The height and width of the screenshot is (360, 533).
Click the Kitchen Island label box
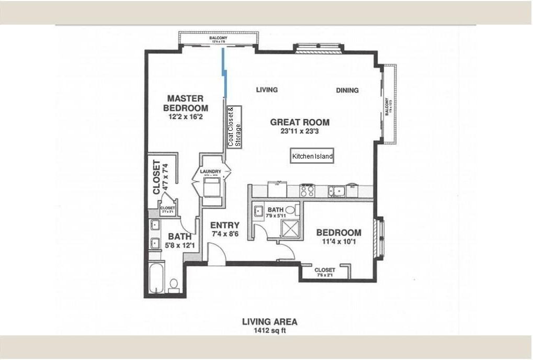tap(312, 156)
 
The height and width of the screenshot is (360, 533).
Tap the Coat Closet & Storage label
tap(234, 127)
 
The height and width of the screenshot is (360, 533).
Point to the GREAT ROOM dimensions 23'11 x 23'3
tap(300, 132)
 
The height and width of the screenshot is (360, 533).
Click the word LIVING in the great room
tap(266, 89)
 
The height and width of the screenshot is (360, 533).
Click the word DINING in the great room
tap(347, 90)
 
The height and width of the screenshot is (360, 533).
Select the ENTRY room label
tap(225, 226)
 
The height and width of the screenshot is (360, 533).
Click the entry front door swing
tap(217, 253)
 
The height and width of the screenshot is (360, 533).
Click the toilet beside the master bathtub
tap(174, 285)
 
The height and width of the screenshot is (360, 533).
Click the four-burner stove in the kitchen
tap(307, 190)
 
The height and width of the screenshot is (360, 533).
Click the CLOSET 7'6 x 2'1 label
tap(325, 272)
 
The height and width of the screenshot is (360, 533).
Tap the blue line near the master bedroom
tap(224, 73)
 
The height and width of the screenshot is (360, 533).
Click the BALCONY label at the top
tap(218, 38)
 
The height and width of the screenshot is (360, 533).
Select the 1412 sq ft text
tap(269, 331)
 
